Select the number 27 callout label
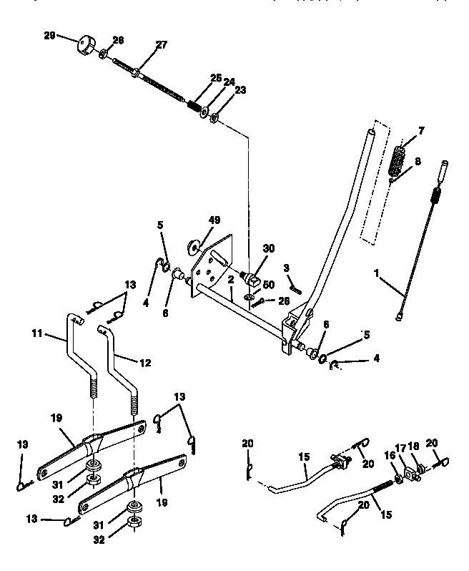(x=161, y=45)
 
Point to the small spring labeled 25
(x=192, y=105)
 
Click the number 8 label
(x=418, y=161)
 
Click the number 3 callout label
(x=286, y=268)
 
